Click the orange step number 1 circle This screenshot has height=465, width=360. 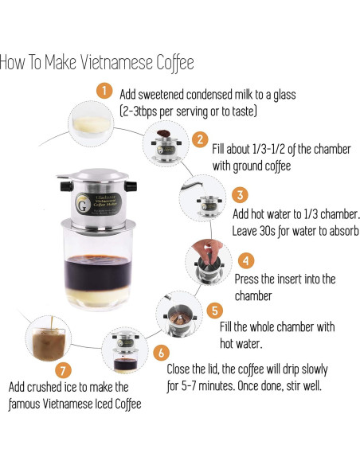[104, 90]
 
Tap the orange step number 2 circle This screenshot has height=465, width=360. [201, 139]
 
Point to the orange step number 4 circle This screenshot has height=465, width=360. [246, 260]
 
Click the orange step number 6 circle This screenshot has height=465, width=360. [162, 351]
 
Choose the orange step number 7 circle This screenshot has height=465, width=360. [63, 369]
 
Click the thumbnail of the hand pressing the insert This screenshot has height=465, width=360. [208, 260]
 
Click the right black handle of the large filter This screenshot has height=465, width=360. [143, 189]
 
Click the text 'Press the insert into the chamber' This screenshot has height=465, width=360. [285, 287]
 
